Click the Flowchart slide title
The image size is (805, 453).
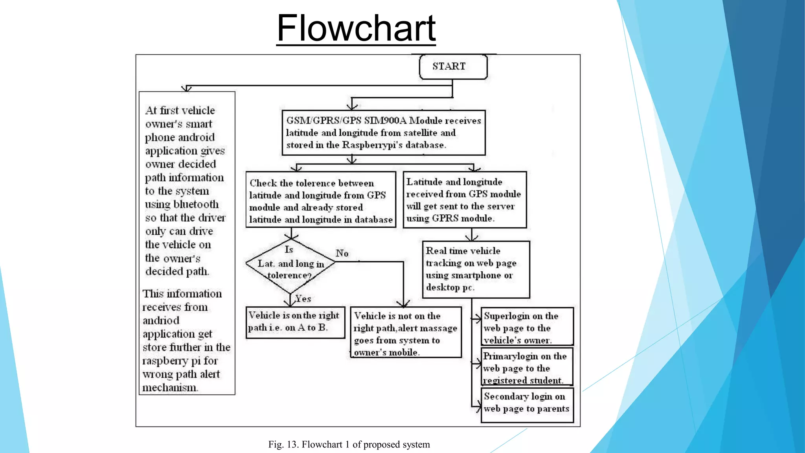356,28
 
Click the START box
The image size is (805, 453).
453,66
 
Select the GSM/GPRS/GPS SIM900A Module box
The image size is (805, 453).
384,133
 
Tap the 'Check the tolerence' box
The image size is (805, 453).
321,199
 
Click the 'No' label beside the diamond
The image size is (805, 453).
342,253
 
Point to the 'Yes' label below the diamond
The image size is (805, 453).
303,298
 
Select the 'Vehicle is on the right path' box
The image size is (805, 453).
295,322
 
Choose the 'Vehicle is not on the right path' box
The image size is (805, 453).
406,333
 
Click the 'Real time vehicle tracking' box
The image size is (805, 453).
476,269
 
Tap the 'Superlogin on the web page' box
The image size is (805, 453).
527,327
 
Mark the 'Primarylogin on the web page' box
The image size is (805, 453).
527,367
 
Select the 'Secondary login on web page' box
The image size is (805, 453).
527,405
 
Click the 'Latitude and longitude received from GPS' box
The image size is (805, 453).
465,199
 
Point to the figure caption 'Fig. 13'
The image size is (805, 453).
349,444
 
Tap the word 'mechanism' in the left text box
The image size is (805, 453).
169,388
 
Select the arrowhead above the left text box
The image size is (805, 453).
186,89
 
